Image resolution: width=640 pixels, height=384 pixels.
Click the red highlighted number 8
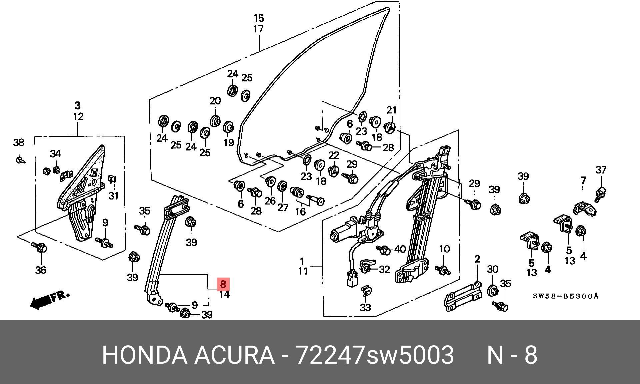coord(223,284)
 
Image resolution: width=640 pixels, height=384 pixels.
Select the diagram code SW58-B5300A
coord(566,296)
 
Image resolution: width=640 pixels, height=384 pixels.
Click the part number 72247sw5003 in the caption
coord(375,355)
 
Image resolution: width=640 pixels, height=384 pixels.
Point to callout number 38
coord(19,143)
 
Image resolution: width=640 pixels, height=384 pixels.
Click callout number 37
coord(601,170)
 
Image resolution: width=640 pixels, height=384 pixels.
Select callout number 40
coord(400,249)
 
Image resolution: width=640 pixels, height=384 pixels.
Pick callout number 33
coord(366,308)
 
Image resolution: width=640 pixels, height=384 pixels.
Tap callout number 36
coord(41,270)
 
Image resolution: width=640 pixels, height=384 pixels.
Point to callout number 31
coord(113,196)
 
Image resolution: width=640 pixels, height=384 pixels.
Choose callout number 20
coord(215,101)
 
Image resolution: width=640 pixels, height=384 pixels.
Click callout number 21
coord(392,110)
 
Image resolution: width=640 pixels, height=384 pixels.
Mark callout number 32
coord(385,269)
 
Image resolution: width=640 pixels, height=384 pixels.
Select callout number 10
coord(445,249)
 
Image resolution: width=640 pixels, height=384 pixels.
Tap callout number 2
coord(477,259)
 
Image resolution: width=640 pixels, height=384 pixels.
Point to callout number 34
coord(56,154)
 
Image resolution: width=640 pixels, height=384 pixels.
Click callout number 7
coord(583,180)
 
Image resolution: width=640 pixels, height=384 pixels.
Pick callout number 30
coord(493,269)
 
